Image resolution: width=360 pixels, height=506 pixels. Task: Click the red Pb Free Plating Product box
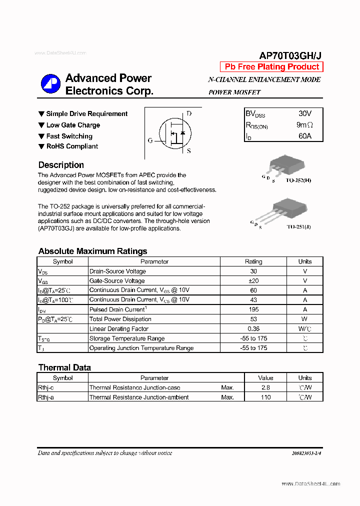pos(271,67)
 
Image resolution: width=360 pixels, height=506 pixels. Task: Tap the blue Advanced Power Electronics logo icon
pos(50,84)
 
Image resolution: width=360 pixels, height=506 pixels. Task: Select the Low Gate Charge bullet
pos(73,125)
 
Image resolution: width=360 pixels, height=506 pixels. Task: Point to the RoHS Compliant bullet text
pos(72,146)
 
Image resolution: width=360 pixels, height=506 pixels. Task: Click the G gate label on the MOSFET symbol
pos(150,141)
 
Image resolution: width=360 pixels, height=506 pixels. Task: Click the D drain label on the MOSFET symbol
pos(188,113)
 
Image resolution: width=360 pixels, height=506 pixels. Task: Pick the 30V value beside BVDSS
pos(304,114)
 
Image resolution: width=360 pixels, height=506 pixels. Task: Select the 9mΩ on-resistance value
pos(304,125)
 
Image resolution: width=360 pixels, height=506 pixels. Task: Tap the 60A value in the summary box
pos(304,136)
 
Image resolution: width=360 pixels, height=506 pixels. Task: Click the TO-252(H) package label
pos(298,180)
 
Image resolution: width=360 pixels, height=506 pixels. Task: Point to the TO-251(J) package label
pos(298,226)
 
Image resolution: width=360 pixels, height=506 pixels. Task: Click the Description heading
pos(61,165)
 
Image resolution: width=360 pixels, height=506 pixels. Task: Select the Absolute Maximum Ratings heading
pos(92,251)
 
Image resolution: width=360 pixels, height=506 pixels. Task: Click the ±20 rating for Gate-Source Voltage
pos(253,281)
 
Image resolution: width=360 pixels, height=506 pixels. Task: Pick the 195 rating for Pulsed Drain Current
pos(253,309)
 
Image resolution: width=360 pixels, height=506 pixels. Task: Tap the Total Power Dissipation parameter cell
pos(120,319)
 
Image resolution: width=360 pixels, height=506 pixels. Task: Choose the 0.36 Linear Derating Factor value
pos(253,328)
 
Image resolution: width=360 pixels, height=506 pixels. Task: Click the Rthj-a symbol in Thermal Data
pos(46,397)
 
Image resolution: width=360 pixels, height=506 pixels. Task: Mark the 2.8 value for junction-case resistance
pos(265,387)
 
